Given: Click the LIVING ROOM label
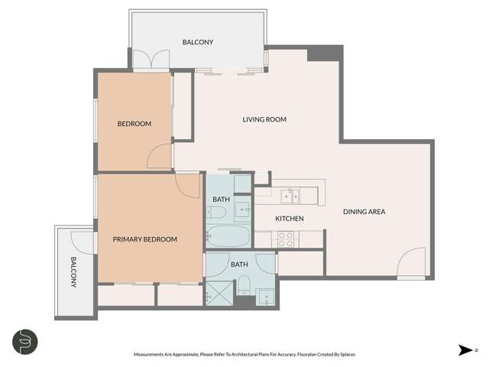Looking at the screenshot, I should click(264, 119).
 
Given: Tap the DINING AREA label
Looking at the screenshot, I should click(363, 211).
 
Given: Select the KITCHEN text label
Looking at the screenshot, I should click(290, 219).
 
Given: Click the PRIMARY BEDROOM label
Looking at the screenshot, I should click(144, 239).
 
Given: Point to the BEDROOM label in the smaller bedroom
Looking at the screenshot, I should click(134, 124).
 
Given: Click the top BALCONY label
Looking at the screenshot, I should click(197, 42).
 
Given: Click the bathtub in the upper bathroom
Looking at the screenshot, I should click(227, 235).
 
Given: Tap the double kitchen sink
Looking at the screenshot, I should click(291, 196).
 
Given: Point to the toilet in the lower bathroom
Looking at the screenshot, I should click(244, 287).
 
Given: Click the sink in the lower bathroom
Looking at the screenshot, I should click(265, 295).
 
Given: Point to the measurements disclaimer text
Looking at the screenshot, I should click(244, 354).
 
